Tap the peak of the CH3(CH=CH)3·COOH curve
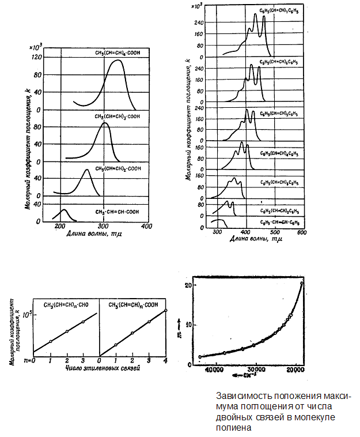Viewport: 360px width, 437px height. pos(105,123)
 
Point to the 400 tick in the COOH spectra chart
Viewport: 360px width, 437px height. pos(147,227)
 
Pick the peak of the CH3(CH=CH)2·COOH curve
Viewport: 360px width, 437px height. pos(86,169)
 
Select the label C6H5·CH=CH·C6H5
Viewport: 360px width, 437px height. pos(281,223)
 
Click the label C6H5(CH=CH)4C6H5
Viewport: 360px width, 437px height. pos(280,154)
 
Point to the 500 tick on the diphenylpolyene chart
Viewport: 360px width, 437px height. pos(273,233)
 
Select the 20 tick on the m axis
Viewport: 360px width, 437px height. pos(187,285)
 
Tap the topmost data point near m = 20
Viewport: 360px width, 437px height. pos(302,283)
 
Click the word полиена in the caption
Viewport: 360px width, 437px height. pos(230,427)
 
